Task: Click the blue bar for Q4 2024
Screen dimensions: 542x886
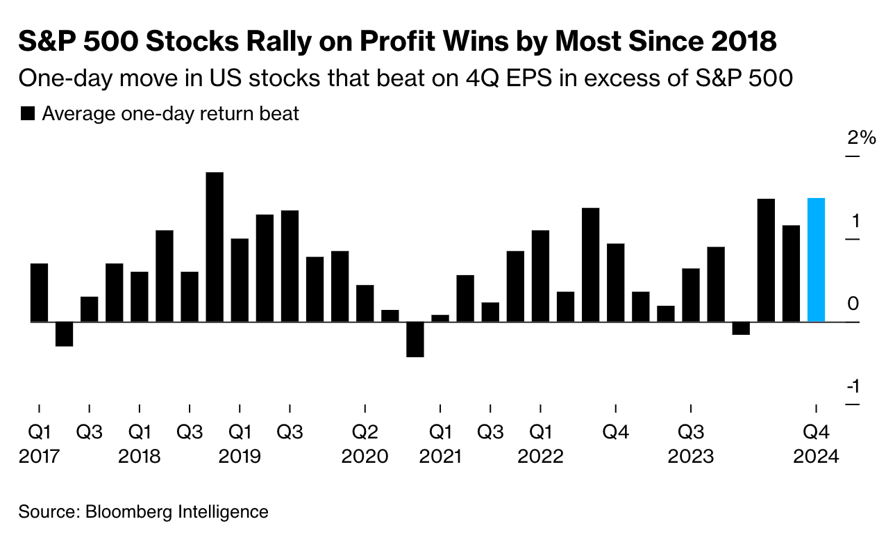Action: pyautogui.click(x=817, y=261)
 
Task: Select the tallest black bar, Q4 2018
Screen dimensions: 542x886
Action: pyautogui.click(x=215, y=247)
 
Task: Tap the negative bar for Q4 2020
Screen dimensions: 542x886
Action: pyautogui.click(x=415, y=339)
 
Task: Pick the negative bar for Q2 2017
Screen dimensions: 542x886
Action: pyautogui.click(x=64, y=334)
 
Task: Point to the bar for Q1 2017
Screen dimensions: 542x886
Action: pyautogui.click(x=39, y=293)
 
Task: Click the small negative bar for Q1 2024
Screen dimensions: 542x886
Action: pyautogui.click(x=741, y=328)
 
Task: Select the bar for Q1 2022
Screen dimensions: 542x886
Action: pyautogui.click(x=540, y=276)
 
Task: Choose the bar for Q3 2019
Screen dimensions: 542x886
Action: pyautogui.click(x=290, y=266)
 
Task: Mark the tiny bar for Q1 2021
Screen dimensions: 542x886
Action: pyautogui.click(x=440, y=318)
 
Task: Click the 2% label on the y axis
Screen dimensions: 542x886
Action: pyautogui.click(x=861, y=138)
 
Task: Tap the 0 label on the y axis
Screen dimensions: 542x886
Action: pyautogui.click(x=853, y=304)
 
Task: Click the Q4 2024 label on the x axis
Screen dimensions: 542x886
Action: pyautogui.click(x=817, y=444)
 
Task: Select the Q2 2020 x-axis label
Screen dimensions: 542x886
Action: pyautogui.click(x=365, y=444)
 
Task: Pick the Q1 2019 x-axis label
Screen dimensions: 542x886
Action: pyautogui.click(x=240, y=444)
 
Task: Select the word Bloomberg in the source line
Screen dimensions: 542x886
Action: pyautogui.click(x=129, y=513)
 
